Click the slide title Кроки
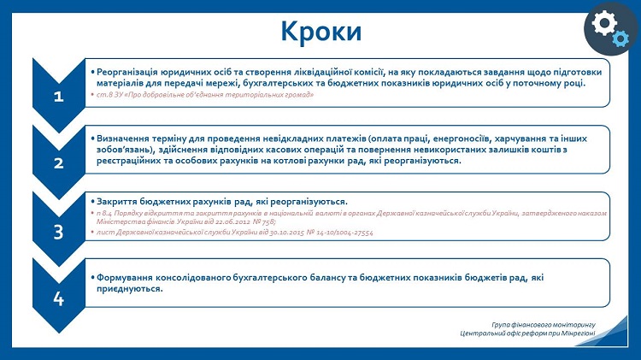tap(320, 32)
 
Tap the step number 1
tap(58, 97)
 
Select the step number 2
tap(58, 163)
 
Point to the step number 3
tap(58, 231)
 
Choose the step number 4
tap(58, 298)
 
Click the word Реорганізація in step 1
tap(128, 72)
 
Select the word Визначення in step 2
tap(123, 138)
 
